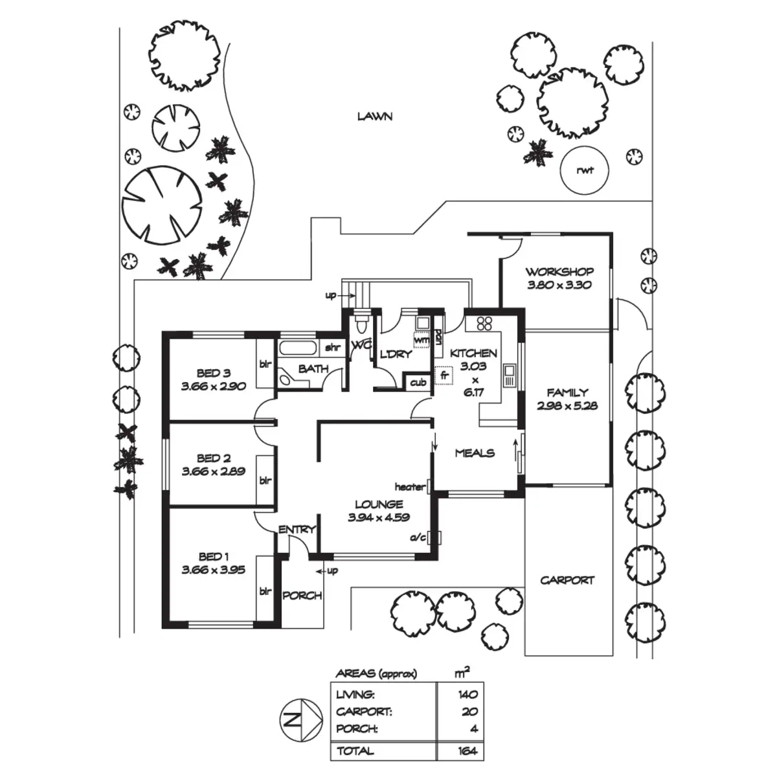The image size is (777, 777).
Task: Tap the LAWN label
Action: coord(375,117)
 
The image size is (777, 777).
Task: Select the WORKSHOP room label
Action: coord(559,271)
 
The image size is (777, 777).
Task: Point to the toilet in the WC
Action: coord(361,322)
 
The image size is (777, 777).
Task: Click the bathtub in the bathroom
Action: coord(298,348)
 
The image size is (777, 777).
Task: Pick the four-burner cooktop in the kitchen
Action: coord(484,323)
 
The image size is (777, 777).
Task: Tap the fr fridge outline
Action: coord(444,376)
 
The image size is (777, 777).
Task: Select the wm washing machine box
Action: coord(422,341)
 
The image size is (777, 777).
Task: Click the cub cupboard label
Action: coord(418,382)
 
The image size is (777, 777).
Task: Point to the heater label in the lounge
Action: coord(410,487)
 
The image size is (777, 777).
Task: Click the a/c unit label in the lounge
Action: coord(418,537)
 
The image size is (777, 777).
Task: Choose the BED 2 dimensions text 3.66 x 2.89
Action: coord(213,471)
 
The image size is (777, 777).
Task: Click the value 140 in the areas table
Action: coord(467,694)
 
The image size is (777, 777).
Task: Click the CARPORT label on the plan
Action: coord(567,581)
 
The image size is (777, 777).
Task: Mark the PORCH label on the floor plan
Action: coord(302,596)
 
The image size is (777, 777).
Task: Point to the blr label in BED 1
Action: coord(265,592)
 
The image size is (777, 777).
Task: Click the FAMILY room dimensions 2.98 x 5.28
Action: coord(567,405)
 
